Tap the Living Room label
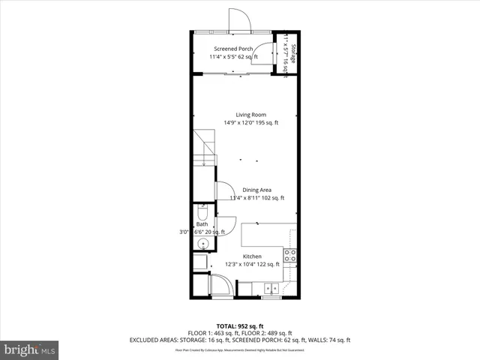[250, 114]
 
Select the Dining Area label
[256, 190]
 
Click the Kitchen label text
[251, 256]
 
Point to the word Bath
[202, 224]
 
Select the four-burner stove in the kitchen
[289, 255]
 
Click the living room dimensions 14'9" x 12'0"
[250, 122]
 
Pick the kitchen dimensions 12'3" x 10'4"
[252, 264]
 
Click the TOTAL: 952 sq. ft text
[240, 326]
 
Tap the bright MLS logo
[29, 349]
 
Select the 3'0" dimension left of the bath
[184, 232]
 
